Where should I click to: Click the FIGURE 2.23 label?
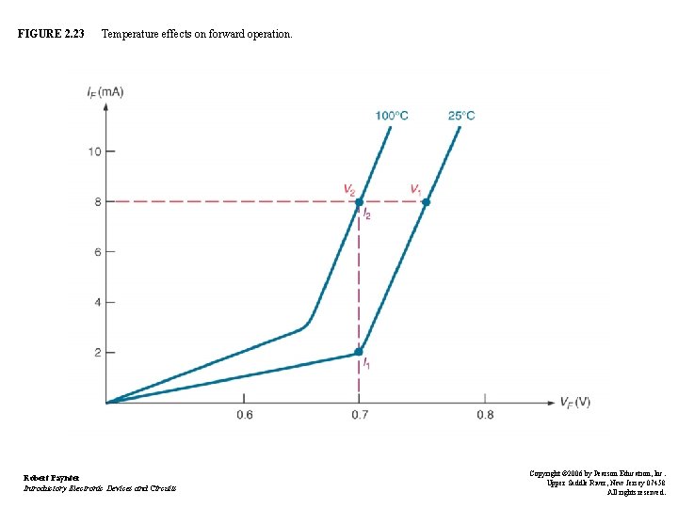(51, 34)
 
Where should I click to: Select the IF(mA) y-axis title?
(104, 90)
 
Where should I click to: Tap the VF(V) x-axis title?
(575, 403)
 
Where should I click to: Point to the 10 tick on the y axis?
(94, 151)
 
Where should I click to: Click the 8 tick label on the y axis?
(97, 201)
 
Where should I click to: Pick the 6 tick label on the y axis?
(97, 251)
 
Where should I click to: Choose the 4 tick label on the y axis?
(97, 302)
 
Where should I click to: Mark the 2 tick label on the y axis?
(97, 353)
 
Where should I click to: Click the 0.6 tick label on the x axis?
(244, 415)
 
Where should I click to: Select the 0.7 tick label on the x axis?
(359, 415)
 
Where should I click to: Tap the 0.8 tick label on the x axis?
(485, 415)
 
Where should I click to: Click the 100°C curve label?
(392, 116)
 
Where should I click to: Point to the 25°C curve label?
(460, 116)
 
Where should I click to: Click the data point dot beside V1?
(426, 202)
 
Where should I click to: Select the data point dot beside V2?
(359, 201)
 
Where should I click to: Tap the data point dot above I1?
(359, 353)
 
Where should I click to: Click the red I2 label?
(367, 215)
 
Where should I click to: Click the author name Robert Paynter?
(52, 478)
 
